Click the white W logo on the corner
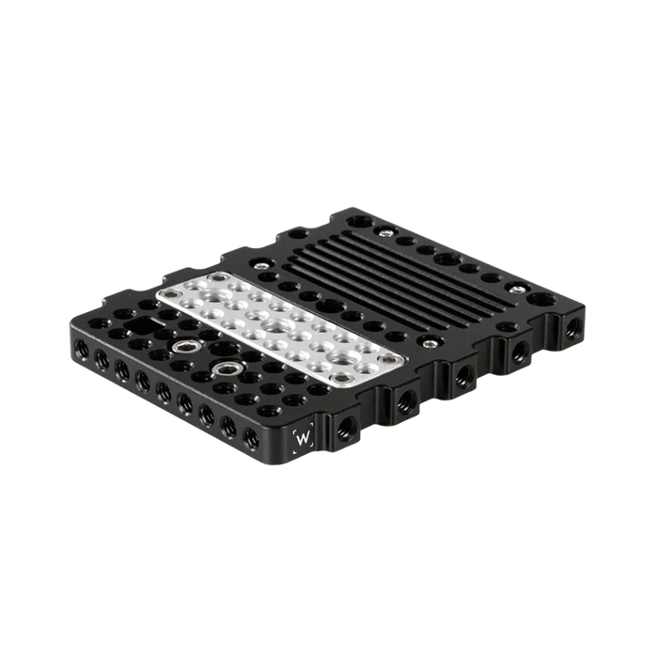[x=304, y=438]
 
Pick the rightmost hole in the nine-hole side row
[x=250, y=436]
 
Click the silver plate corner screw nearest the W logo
[x=345, y=378]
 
